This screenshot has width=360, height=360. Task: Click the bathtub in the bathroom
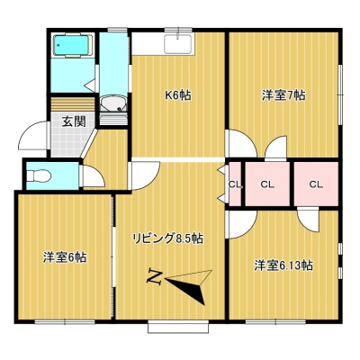coord(73,46)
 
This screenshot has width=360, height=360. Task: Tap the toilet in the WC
coord(39,175)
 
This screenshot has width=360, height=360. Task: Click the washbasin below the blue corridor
coord(113,103)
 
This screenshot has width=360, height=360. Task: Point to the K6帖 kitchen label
coord(178,95)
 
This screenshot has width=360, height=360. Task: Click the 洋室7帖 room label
coord(283,95)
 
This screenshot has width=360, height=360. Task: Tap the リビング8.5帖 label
coord(168,238)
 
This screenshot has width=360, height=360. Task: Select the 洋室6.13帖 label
coord(283,265)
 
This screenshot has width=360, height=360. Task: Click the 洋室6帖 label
coord(65,257)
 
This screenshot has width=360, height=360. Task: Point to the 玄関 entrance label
coord(74,121)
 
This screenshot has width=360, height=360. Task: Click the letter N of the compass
coord(155,277)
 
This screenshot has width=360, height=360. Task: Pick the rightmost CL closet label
coord(316,184)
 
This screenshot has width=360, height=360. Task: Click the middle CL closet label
coord(267,184)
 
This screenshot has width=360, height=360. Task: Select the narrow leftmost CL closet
coord(235,184)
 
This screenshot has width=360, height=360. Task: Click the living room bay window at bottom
coord(178,327)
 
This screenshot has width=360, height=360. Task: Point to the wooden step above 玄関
coord(73,104)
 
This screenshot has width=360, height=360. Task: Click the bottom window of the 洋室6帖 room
coord(65,322)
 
